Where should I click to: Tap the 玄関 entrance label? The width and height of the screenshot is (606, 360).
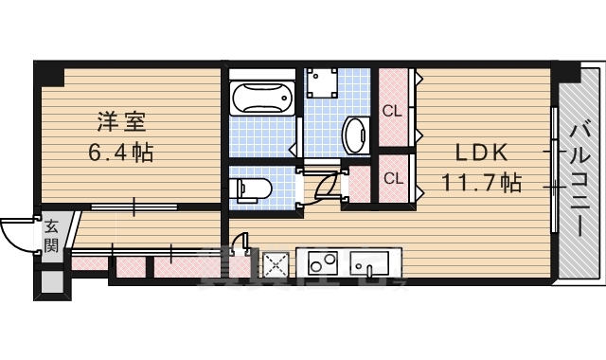(52, 237)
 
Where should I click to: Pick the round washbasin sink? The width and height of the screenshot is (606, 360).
(356, 134)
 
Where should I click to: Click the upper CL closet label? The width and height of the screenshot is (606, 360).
(392, 111)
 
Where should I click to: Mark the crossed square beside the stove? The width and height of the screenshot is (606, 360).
(276, 264)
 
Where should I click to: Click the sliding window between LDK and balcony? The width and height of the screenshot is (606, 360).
(553, 167)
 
